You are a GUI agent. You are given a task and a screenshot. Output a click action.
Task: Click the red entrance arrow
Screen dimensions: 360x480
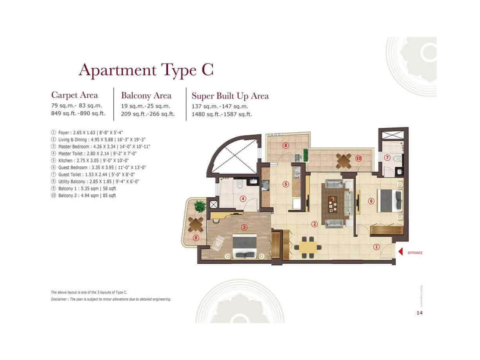tap(400, 251)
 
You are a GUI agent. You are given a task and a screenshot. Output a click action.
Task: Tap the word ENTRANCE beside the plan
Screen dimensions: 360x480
tap(415, 253)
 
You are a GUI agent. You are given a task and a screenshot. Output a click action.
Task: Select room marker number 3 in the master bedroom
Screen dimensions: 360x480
tap(244, 227)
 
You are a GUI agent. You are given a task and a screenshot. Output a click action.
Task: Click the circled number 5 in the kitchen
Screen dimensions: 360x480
tap(286, 184)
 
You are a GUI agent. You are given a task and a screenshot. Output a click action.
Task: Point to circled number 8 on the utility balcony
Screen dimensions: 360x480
tap(286, 145)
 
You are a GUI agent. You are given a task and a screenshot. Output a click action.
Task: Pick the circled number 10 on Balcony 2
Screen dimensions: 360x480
tap(358, 158)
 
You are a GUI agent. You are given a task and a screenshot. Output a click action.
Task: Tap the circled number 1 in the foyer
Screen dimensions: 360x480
tap(376, 247)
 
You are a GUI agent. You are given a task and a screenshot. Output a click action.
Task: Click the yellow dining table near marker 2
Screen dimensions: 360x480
tap(308, 247)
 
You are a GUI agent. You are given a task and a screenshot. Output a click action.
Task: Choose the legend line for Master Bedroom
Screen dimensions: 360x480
tap(104, 147)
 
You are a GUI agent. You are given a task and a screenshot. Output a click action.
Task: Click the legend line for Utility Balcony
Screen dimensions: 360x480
tap(98, 181)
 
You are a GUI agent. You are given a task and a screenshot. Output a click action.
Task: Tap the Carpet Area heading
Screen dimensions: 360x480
tap(74, 95)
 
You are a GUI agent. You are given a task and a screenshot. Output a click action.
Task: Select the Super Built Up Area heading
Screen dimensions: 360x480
tap(230, 96)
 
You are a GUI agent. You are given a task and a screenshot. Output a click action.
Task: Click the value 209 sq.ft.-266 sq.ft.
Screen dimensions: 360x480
tap(148, 114)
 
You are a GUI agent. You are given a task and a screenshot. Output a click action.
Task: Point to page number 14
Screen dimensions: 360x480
tap(419, 313)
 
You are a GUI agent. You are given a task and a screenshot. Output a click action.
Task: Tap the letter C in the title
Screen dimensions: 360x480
tap(207, 70)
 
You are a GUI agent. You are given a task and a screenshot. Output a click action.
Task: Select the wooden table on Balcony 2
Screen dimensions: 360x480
tap(343, 160)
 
